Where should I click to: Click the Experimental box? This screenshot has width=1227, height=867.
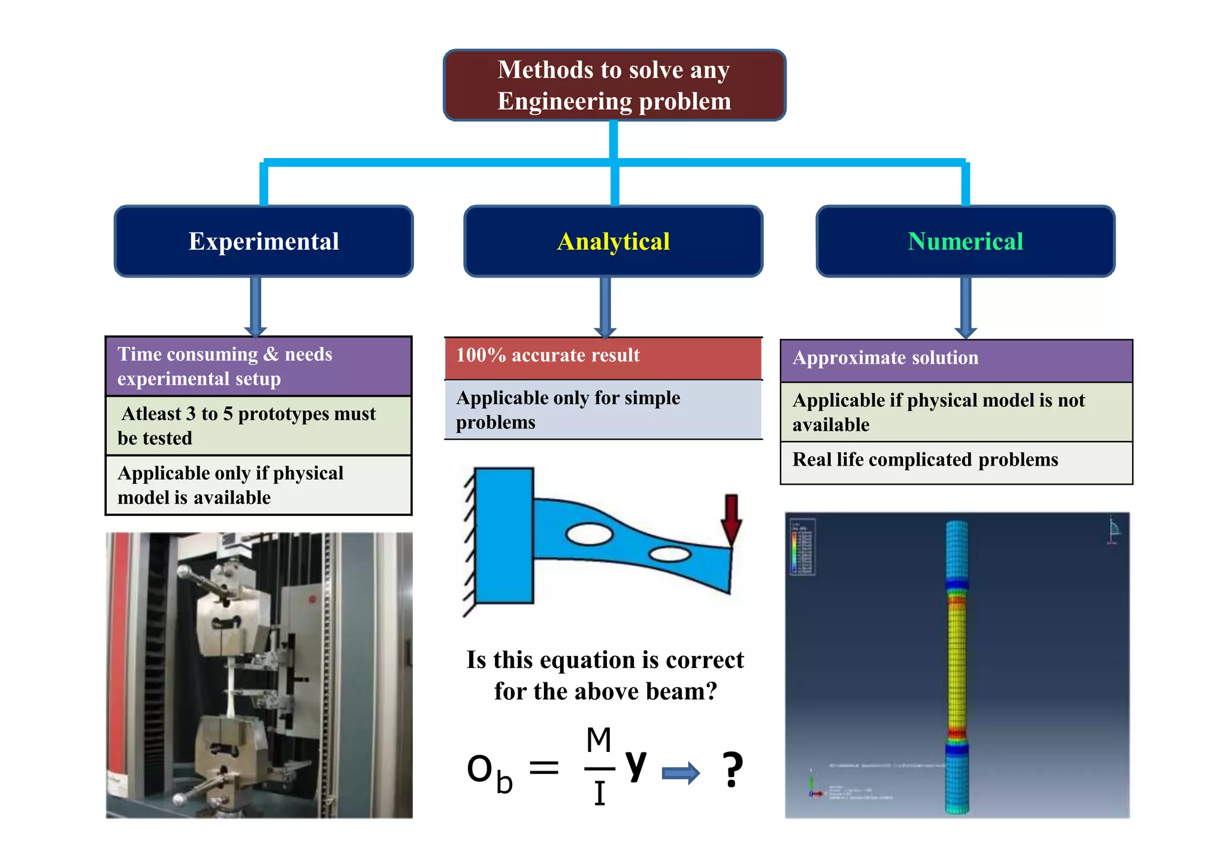click(x=264, y=241)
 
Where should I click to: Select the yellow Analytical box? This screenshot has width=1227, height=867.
click(x=613, y=241)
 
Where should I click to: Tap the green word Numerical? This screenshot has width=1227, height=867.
click(x=965, y=241)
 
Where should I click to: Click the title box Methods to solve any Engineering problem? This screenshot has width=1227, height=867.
click(x=614, y=85)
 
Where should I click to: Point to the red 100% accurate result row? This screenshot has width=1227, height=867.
click(x=603, y=358)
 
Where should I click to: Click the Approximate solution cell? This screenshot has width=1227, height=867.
click(x=956, y=360)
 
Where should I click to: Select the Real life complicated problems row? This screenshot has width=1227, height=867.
click(x=956, y=462)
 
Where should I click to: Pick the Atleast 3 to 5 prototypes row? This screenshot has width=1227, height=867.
click(x=258, y=425)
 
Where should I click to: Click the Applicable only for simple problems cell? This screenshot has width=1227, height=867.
click(x=603, y=410)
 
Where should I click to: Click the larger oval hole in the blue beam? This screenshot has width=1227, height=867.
click(x=589, y=534)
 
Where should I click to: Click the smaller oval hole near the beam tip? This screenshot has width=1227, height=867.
click(x=669, y=554)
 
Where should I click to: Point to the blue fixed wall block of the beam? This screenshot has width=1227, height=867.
click(x=504, y=535)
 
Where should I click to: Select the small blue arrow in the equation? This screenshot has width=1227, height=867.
click(x=681, y=773)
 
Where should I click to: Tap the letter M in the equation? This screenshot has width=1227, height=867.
click(x=599, y=741)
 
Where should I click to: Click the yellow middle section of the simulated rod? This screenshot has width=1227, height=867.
click(x=957, y=659)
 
